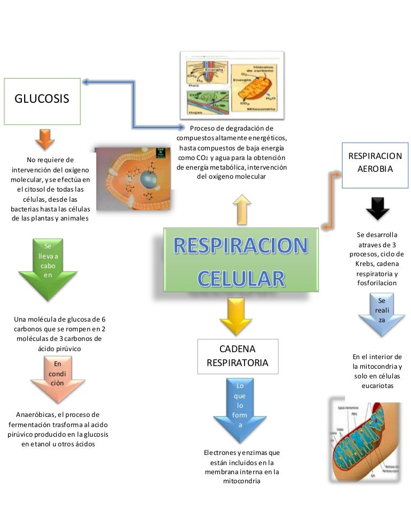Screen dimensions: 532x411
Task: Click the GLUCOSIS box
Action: [42, 101]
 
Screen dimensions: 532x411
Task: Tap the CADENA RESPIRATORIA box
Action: [238, 356]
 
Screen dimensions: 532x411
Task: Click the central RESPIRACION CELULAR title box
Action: [241, 261]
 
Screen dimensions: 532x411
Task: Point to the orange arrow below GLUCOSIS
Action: [45, 138]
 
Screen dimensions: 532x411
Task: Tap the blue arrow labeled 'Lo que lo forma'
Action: [240, 407]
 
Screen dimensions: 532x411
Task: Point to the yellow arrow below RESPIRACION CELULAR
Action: [235, 316]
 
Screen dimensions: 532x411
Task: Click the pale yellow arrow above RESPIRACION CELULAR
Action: [242, 209]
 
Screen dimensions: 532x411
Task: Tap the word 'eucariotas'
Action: [377, 385]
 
